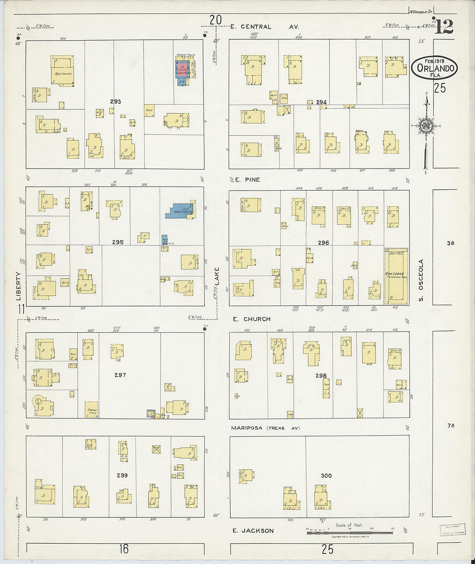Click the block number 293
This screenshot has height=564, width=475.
click(x=115, y=102)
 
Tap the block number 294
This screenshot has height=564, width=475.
click(x=321, y=102)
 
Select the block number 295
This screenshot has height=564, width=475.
click(x=118, y=242)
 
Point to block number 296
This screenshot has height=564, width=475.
click(x=323, y=243)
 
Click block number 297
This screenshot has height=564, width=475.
click(x=120, y=375)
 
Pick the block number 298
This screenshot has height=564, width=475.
click(x=321, y=376)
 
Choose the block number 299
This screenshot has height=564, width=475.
click(x=122, y=475)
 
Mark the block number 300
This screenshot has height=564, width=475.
click(x=326, y=475)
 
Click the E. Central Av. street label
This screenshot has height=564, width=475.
click(x=264, y=27)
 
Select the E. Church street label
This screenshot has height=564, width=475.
click(x=252, y=319)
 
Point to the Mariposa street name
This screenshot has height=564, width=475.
click(x=247, y=428)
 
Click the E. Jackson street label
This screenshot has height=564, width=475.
click(x=253, y=531)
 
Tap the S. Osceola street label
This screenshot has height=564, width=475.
click(x=421, y=280)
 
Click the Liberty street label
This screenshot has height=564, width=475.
click(x=19, y=286)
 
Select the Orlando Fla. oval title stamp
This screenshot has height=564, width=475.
click(x=434, y=67)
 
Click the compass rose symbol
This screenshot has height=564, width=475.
click(x=427, y=126)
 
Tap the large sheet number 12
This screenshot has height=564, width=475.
click(x=444, y=27)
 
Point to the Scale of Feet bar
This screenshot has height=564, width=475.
click(x=350, y=532)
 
